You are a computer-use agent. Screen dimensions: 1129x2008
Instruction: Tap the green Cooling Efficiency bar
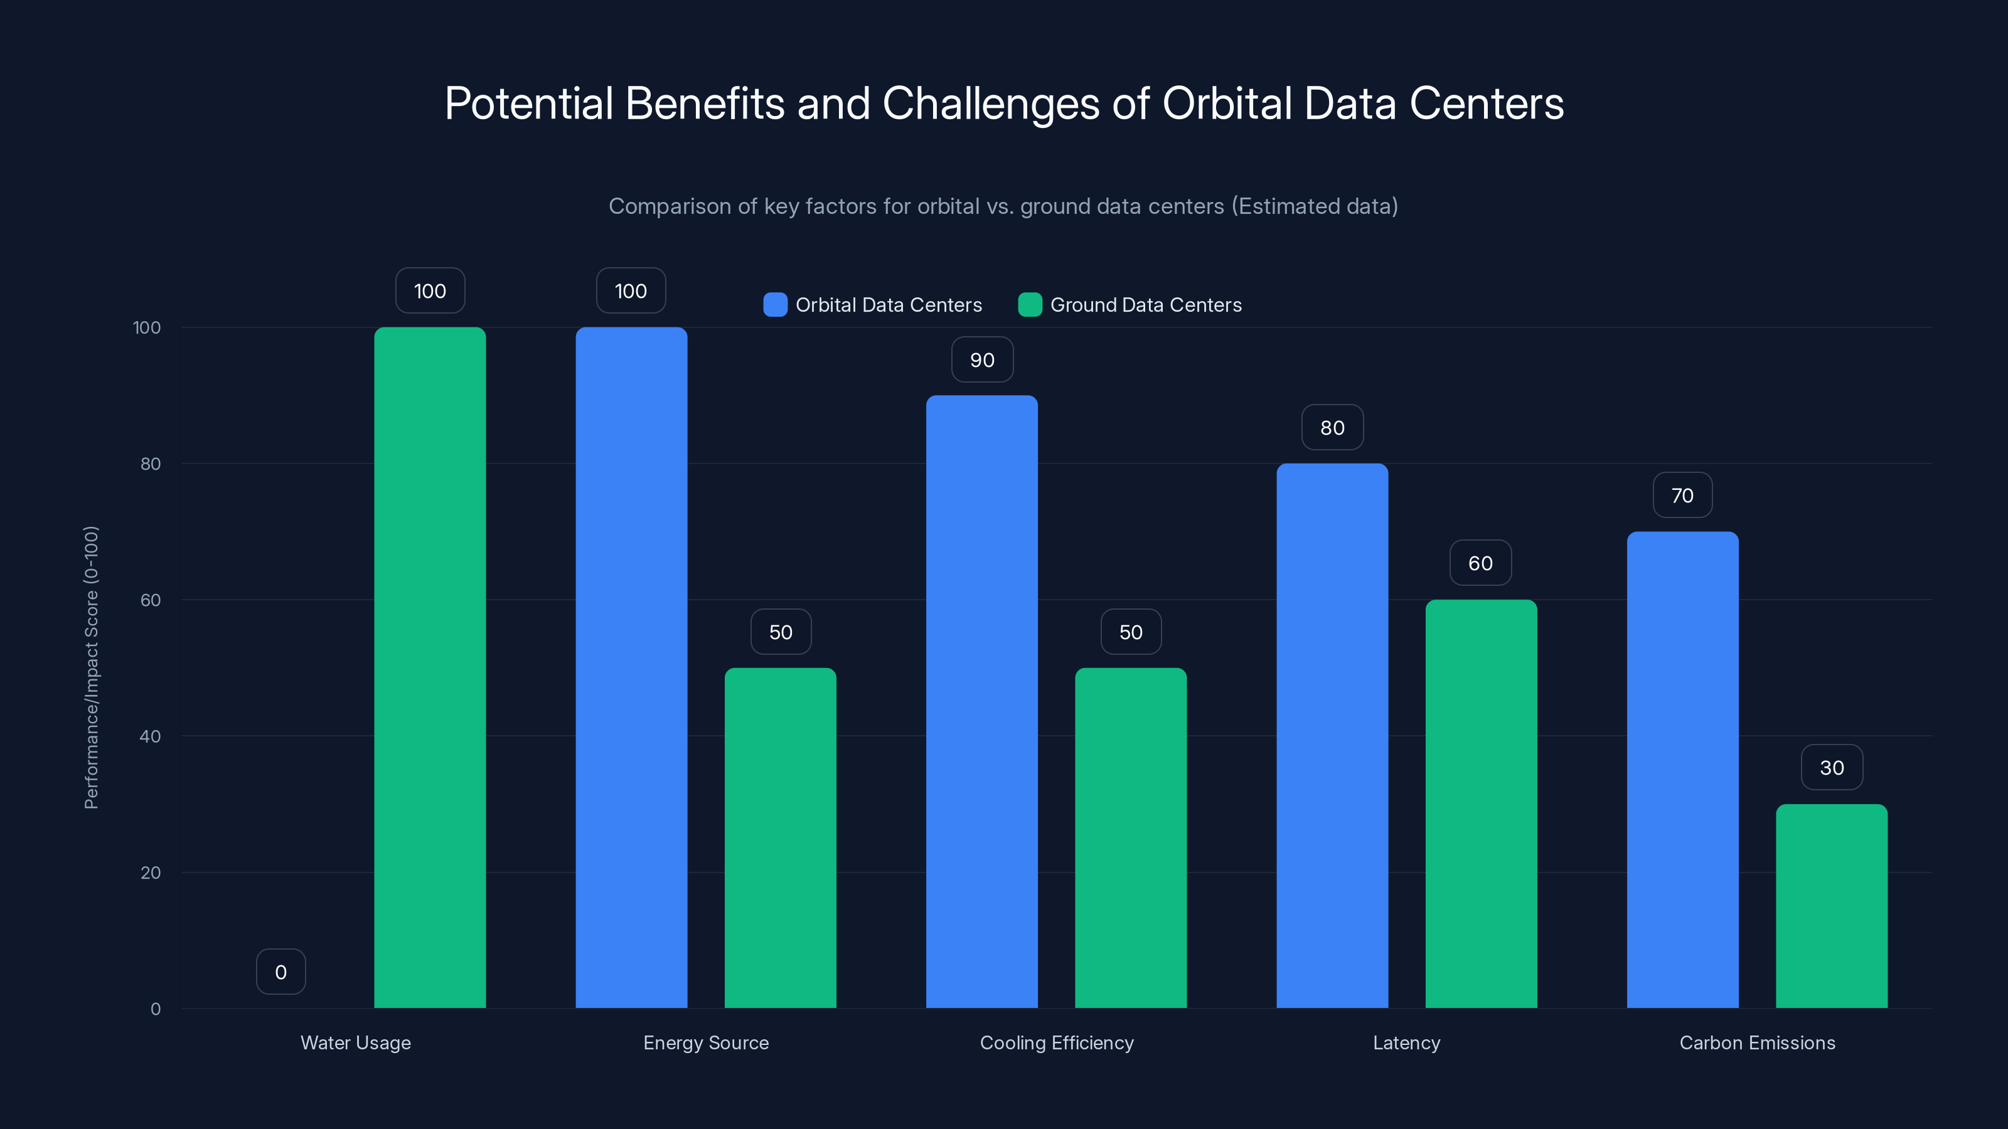[x=1130, y=837]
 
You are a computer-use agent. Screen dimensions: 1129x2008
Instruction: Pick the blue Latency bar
[x=1332, y=736]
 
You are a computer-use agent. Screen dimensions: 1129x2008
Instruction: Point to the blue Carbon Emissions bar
[x=1682, y=770]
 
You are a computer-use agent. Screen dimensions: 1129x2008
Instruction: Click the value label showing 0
[x=280, y=972]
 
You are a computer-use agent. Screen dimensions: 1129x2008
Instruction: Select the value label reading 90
[x=982, y=360]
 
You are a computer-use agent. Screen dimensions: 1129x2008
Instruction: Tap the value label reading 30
[x=1832, y=768]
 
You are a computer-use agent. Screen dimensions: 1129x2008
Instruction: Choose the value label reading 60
[x=1480, y=563]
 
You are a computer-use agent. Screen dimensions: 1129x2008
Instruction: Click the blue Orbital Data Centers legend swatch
[x=775, y=305]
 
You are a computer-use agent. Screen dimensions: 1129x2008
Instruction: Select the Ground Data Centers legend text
[x=1145, y=305]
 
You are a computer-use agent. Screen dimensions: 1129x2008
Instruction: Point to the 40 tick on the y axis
[x=151, y=736]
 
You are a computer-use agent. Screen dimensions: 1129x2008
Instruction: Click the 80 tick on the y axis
[x=151, y=464]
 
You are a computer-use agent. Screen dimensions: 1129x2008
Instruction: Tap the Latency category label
[x=1406, y=1042]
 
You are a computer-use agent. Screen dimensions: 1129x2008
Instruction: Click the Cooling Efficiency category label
[x=1056, y=1042]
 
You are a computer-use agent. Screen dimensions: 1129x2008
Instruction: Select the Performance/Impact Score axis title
[x=91, y=668]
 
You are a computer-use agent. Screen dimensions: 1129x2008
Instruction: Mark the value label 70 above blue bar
[x=1682, y=496]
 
